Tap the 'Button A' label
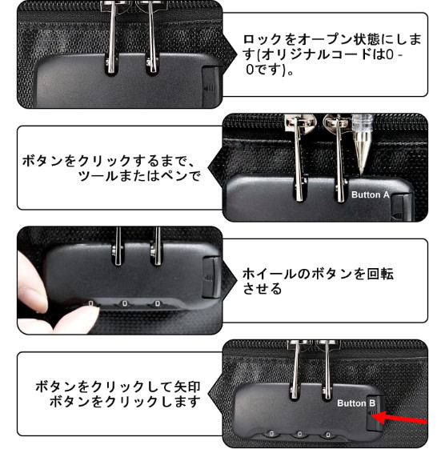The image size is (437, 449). coord(371,194)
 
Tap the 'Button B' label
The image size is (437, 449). coord(356,403)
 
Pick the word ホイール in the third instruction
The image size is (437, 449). coord(269,274)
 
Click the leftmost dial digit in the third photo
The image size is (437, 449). coord(90,303)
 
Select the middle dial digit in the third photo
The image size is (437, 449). coord(125,303)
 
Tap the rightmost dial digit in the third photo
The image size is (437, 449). coord(157,303)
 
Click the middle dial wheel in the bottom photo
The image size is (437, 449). coord(299,435)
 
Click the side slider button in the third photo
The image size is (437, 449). coord(211,277)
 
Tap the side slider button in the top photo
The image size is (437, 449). coord(211,86)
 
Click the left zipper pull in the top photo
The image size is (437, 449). coord(112,38)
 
